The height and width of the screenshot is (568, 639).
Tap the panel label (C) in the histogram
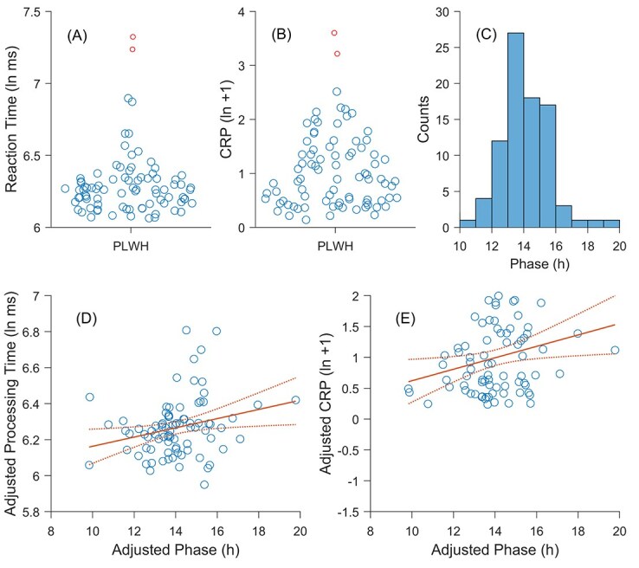click(491, 37)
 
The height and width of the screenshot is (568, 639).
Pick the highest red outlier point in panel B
click(334, 33)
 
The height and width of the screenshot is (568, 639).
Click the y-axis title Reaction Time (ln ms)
click(16, 119)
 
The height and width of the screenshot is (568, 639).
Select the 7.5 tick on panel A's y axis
click(35, 12)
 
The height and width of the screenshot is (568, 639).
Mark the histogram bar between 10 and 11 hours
click(468, 223)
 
